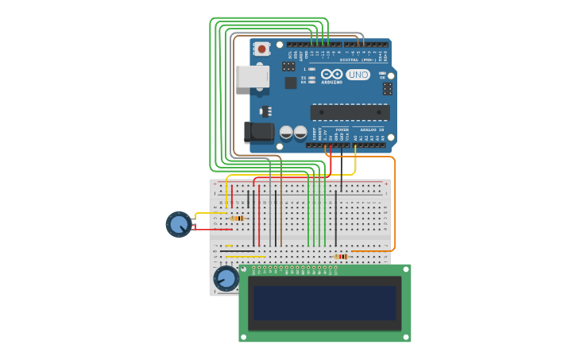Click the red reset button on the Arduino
click(261, 49)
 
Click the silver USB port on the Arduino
click(252, 76)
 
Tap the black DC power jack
click(258, 132)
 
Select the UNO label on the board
click(358, 75)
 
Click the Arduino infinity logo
click(332, 74)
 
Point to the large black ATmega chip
click(350, 112)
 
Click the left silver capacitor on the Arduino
click(286, 132)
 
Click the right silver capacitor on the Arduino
click(300, 132)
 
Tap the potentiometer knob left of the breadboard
click(179, 224)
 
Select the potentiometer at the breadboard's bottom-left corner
click(226, 278)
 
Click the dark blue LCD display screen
click(325, 303)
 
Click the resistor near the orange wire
click(341, 257)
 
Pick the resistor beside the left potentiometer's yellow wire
click(237, 218)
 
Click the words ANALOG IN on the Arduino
click(371, 130)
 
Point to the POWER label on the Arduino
click(342, 130)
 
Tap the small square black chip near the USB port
click(291, 83)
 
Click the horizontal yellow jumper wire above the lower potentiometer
click(245, 257)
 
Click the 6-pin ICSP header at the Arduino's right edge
click(387, 88)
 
